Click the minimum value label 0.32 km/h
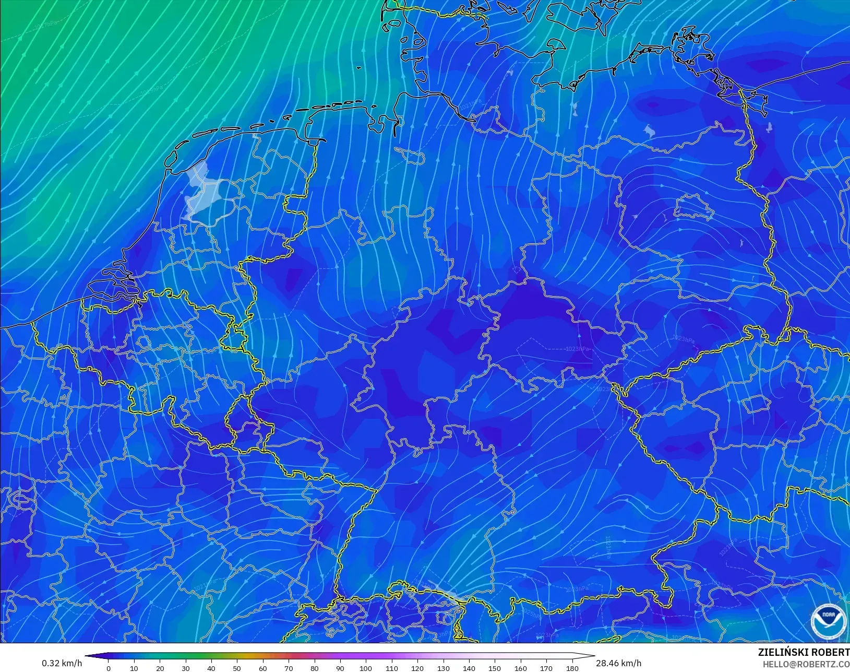coord(62,663)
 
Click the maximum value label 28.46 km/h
coord(618,663)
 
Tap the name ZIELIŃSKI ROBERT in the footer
coord(804,653)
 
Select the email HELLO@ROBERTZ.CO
coord(806,665)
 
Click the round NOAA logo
coord(829,621)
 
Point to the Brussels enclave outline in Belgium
coord(143,343)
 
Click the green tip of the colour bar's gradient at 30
coord(185,656)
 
